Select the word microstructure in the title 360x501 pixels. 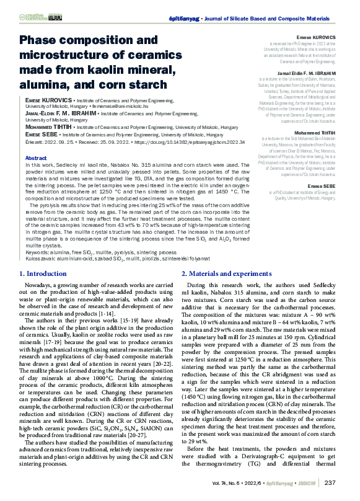71,55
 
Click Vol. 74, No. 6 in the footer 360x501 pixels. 229,482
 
